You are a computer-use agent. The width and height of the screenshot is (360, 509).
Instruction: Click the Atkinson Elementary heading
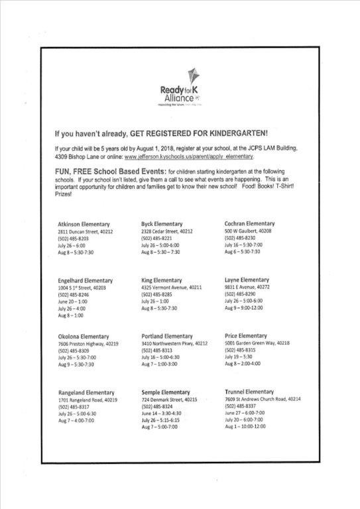click(x=84, y=225)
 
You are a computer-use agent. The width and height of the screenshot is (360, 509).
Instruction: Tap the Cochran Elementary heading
click(x=249, y=223)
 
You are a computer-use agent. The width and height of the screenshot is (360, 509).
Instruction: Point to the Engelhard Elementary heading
click(x=86, y=281)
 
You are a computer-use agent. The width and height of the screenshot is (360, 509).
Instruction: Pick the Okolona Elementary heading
click(x=84, y=337)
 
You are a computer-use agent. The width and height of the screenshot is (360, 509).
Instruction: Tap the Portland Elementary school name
click(x=167, y=336)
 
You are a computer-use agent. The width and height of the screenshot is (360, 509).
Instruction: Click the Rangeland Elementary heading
click(x=87, y=393)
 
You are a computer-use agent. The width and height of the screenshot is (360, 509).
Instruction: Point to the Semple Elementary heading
click(x=166, y=392)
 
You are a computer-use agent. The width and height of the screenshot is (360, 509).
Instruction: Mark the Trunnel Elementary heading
click(x=249, y=392)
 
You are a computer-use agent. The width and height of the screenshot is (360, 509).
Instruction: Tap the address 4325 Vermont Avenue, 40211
click(x=172, y=288)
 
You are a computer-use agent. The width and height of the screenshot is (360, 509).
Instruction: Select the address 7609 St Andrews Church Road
click(x=263, y=399)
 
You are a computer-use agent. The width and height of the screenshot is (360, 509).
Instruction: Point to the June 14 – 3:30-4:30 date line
click(x=161, y=413)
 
